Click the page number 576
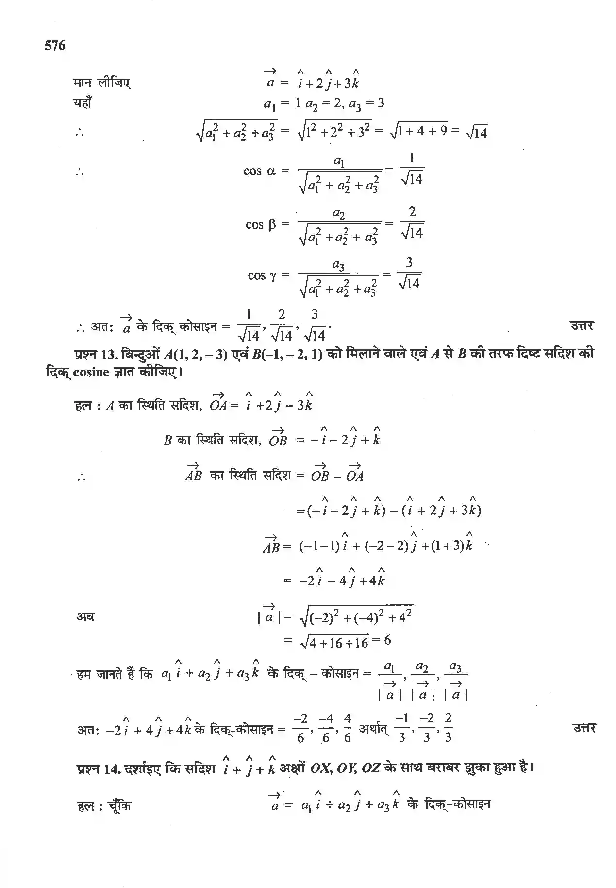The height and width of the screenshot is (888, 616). coord(54,46)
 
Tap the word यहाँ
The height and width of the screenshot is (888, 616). coord(83,103)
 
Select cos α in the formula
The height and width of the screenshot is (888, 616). coord(259,171)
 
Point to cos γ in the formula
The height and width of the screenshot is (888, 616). coord(262,275)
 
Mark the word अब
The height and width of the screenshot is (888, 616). coord(85,617)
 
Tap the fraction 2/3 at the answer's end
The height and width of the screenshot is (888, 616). coord(448,728)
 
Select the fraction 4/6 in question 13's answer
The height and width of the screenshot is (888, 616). coord(347,728)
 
